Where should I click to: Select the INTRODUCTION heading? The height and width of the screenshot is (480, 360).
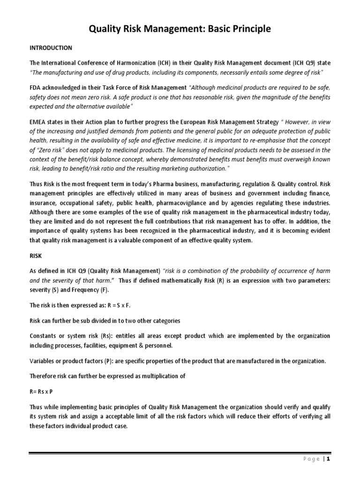(51, 48)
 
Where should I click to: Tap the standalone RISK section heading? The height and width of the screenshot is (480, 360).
(36, 257)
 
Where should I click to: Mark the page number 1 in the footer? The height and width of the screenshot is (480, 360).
(329, 459)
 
